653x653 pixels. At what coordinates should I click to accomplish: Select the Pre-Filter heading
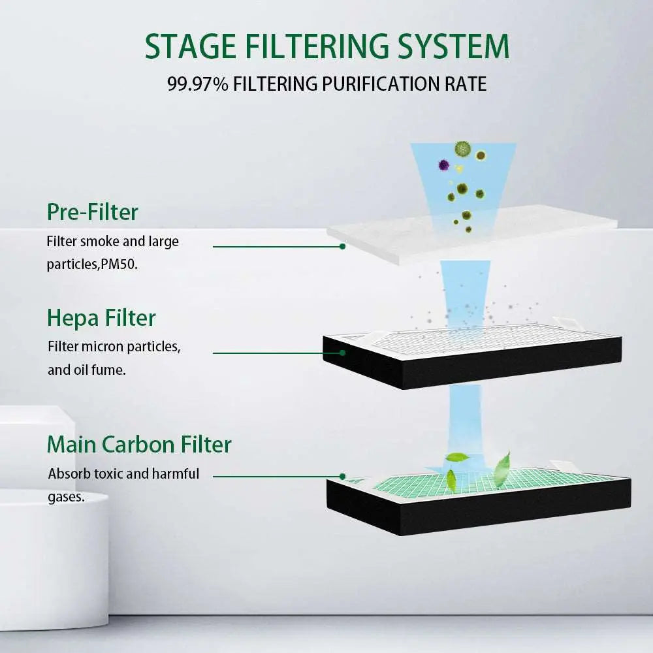(x=93, y=212)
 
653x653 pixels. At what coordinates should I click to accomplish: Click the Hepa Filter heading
(x=101, y=317)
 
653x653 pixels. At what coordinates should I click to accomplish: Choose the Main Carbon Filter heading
(x=139, y=444)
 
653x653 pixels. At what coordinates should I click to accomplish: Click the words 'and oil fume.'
(x=78, y=370)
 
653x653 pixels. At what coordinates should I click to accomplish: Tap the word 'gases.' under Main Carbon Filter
(x=66, y=496)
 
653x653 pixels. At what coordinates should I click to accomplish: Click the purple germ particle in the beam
(x=444, y=165)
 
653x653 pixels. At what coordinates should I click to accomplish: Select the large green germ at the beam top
(x=463, y=149)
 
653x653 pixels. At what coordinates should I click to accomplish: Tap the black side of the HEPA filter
(x=470, y=369)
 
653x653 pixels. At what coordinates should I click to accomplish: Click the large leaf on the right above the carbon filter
(x=502, y=470)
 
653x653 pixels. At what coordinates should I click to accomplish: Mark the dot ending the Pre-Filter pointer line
(x=342, y=246)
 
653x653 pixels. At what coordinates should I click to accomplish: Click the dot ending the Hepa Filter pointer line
(x=342, y=353)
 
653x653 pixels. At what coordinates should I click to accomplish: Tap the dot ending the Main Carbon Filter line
(x=342, y=476)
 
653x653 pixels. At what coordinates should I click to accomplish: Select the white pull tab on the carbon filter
(x=565, y=466)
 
